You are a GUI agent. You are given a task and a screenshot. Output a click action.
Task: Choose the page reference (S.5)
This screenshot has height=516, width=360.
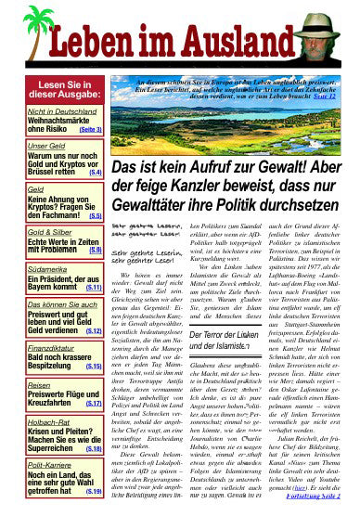point(96,214)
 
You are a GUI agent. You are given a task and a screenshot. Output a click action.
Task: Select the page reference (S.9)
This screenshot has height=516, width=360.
point(96,250)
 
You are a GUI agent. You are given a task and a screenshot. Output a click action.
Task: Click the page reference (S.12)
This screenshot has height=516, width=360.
point(94,330)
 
